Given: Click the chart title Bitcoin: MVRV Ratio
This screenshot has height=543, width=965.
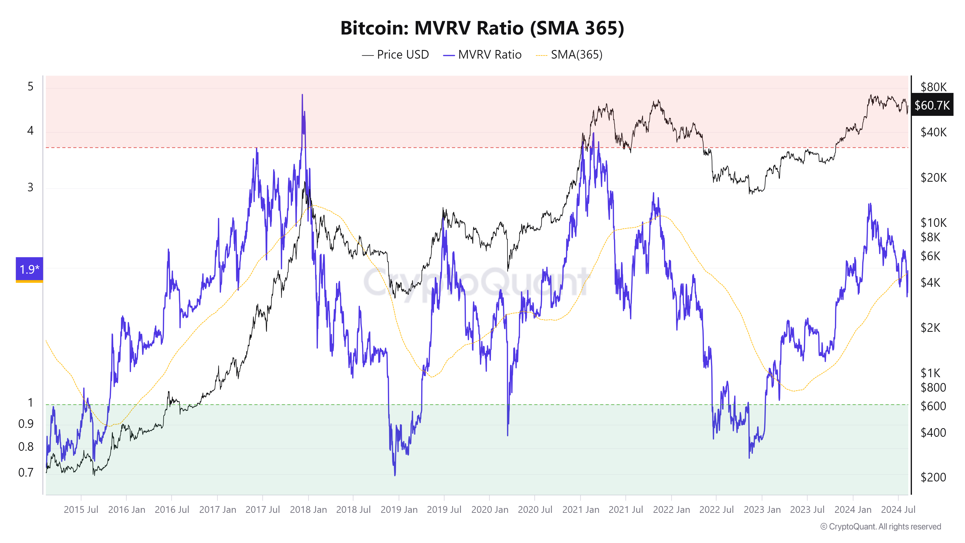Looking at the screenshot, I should [x=482, y=28].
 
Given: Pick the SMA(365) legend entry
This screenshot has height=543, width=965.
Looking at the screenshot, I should [x=569, y=55].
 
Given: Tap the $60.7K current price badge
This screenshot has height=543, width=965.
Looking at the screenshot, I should [x=932, y=105].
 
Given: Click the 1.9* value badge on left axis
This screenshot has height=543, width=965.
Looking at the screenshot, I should [x=29, y=269].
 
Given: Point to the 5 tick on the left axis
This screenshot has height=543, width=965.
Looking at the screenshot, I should [x=30, y=87].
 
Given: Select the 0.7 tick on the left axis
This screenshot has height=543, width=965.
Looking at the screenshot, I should [x=26, y=473].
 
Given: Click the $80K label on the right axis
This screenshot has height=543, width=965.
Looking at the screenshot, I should [x=933, y=87].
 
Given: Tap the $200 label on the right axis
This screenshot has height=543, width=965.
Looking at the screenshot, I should [x=933, y=477].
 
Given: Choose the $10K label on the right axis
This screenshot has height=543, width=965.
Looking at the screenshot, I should [x=933, y=223].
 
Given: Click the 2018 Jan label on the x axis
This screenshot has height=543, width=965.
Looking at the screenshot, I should [x=308, y=510].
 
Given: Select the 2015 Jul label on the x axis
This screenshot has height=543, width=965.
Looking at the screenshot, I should [x=81, y=510].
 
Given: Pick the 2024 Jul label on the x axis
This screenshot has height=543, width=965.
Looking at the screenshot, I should [x=898, y=510].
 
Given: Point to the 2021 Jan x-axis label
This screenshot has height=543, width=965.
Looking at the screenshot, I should [x=580, y=510].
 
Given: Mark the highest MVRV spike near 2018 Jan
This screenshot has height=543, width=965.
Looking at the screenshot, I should [x=302, y=95].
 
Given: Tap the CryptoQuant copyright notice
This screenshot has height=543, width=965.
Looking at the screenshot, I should [x=880, y=527].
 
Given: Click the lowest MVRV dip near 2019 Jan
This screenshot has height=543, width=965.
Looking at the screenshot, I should [x=395, y=475].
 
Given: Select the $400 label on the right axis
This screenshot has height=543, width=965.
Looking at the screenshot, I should [x=933, y=433].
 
